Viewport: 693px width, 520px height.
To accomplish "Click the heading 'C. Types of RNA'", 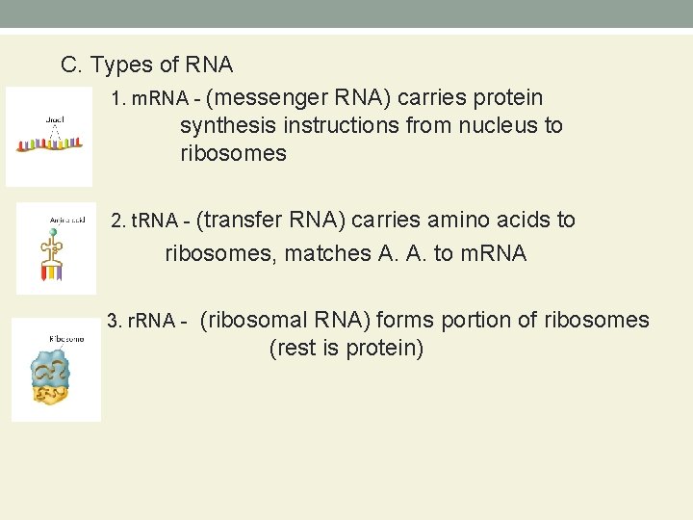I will pyautogui.click(x=146, y=65).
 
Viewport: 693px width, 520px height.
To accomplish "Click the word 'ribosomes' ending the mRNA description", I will pyautogui.click(x=233, y=154).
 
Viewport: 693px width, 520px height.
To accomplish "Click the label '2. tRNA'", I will pyautogui.click(x=145, y=221).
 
